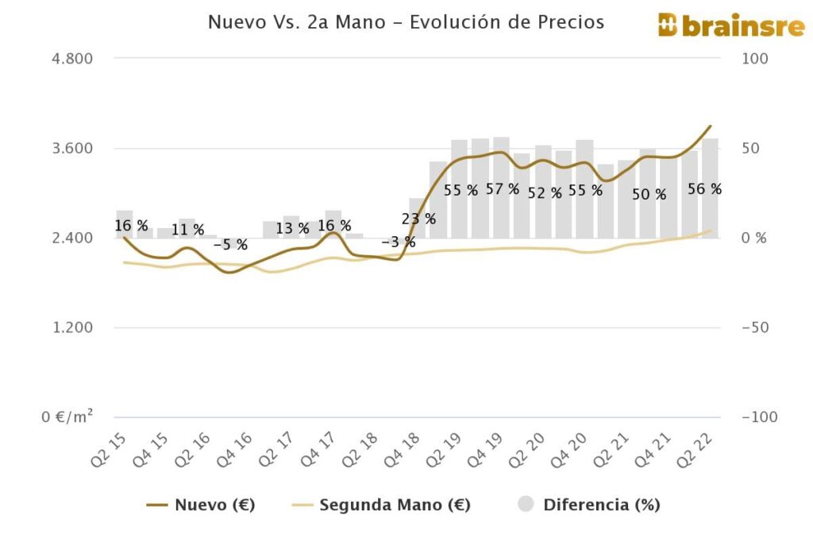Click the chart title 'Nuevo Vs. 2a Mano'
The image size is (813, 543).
pyautogui.click(x=406, y=22)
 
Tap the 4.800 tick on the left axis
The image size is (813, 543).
pyautogui.click(x=71, y=59)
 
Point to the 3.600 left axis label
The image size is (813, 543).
pyautogui.click(x=71, y=149)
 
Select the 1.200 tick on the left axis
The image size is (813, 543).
pyautogui.click(x=71, y=328)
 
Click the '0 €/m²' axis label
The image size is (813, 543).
pyautogui.click(x=67, y=417)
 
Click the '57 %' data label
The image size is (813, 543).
pyautogui.click(x=503, y=189)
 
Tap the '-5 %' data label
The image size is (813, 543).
pyautogui.click(x=230, y=245)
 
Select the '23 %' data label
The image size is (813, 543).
pyautogui.click(x=419, y=219)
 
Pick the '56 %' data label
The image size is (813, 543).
pyautogui.click(x=704, y=189)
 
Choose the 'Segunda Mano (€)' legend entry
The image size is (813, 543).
pyautogui.click(x=381, y=505)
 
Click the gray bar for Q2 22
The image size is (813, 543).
pyautogui.click(x=710, y=188)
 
